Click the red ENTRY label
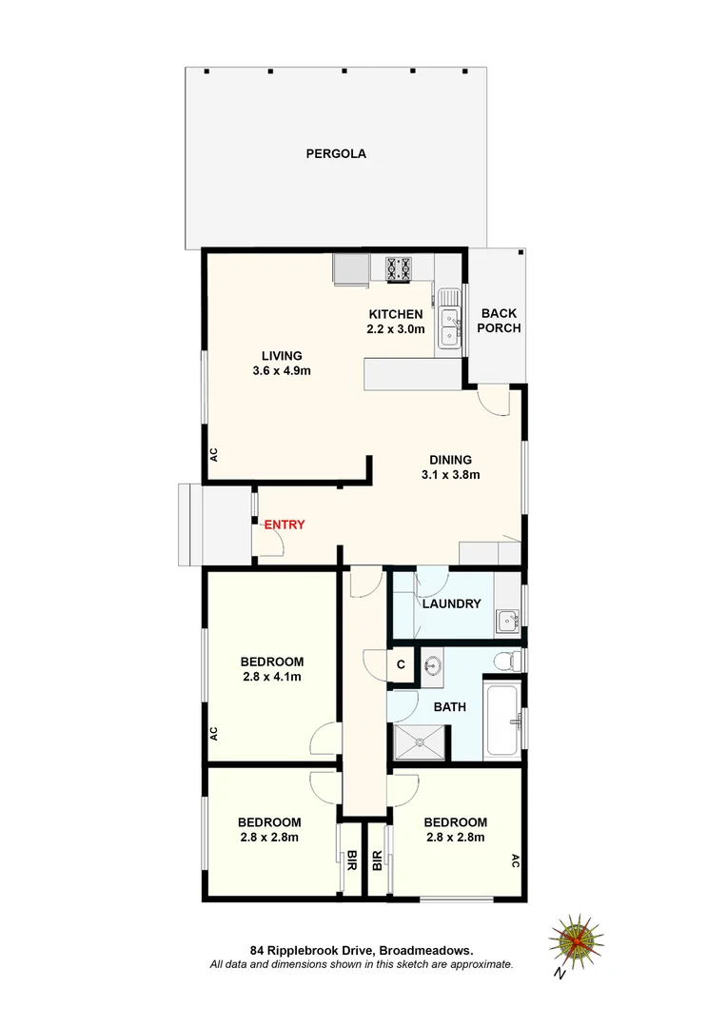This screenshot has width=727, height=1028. coord(284,524)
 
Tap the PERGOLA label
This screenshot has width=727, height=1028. coord(336,153)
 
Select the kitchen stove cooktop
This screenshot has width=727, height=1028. coord(398,269)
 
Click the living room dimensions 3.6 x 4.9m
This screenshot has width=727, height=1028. coord(283,371)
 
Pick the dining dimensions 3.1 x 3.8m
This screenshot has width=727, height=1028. coord(450,474)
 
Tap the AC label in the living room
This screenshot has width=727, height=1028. coord(214,455)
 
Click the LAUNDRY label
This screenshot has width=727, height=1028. coord(451,604)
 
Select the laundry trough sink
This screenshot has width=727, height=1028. coord(506,622)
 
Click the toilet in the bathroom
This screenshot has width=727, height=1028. coord(511,660)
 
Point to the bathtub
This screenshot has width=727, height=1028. coord(501,720)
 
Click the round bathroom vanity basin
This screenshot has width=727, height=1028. coord(433,666)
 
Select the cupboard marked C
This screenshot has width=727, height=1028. coord(401,664)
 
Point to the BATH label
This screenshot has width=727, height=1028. coord(449,707)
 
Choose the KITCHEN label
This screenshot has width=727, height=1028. coord(395,315)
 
